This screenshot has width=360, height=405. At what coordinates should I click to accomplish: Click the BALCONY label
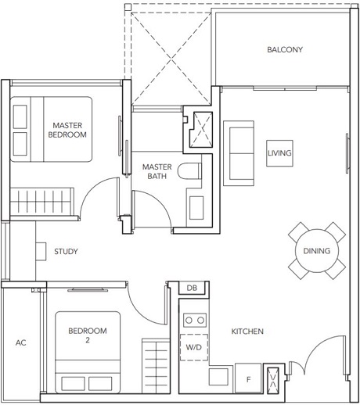point(284,50)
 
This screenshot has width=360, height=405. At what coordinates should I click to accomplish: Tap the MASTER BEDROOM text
point(68,130)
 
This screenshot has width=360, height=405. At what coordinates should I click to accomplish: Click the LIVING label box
point(279,153)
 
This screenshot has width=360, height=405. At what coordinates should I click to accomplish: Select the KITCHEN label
point(247,332)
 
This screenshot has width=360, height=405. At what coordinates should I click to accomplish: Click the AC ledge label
point(21,342)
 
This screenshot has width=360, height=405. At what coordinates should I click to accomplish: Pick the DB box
point(192,289)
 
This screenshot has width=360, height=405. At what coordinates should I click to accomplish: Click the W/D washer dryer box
point(192,347)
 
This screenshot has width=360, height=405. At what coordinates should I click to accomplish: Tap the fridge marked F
point(248,378)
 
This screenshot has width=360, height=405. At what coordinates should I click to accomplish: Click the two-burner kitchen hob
point(193,319)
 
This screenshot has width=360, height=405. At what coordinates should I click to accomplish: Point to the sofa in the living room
point(238,149)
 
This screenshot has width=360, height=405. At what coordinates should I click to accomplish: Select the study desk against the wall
point(40,251)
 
